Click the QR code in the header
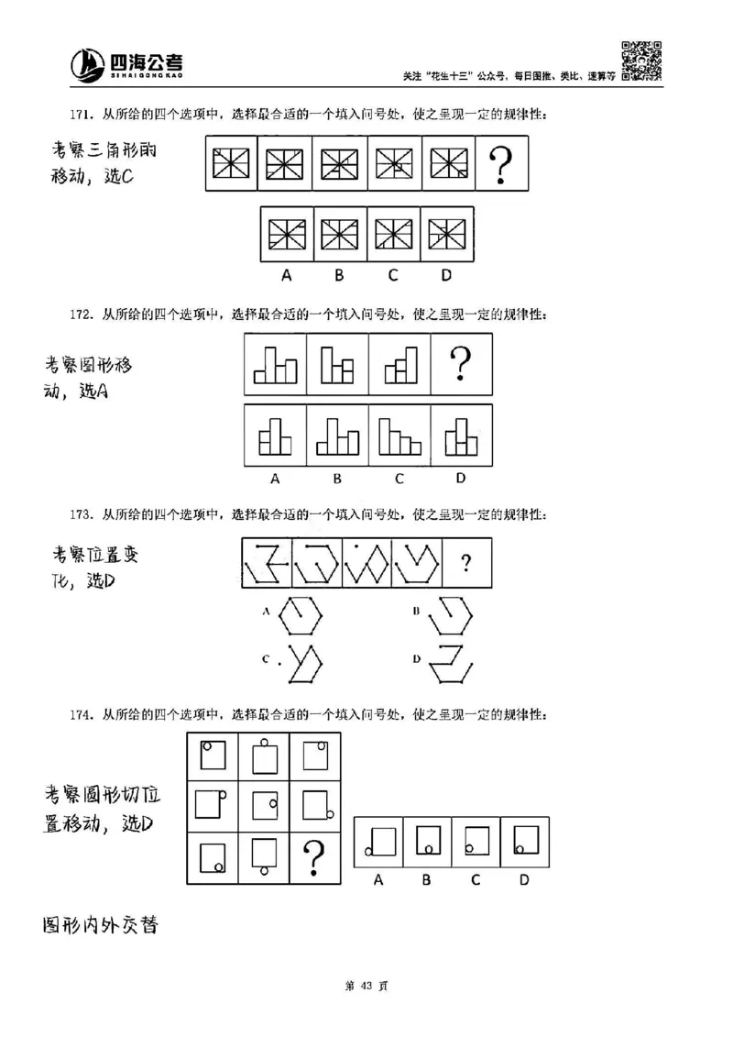point(640,60)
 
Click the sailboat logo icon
point(88,63)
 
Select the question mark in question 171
point(500,166)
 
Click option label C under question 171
point(393,273)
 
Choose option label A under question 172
point(274,478)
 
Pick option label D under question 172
point(461,478)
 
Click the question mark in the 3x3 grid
point(314,857)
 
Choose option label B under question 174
point(426,880)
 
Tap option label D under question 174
point(524,880)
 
